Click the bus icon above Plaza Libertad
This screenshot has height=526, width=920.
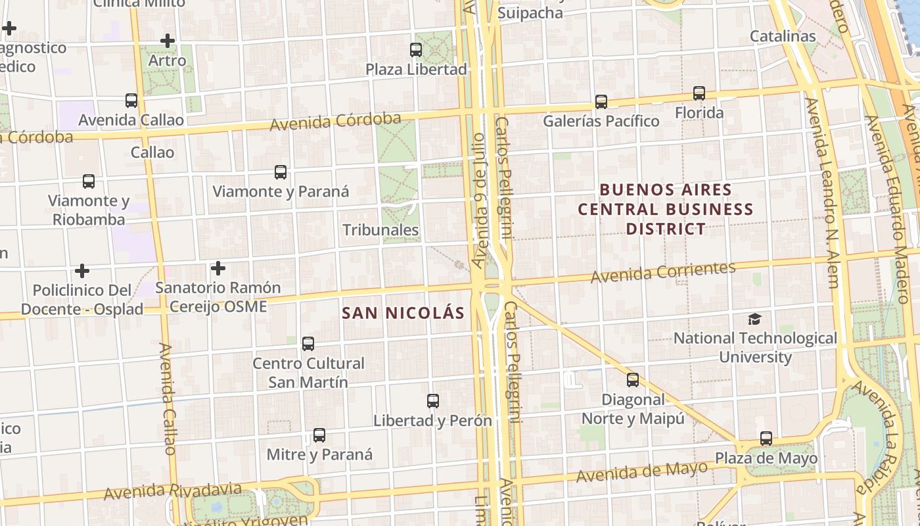[415, 49]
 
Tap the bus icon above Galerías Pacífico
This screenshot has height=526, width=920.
[601, 102]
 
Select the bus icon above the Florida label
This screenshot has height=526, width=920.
[699, 93]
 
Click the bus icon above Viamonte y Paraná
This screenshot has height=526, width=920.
[281, 172]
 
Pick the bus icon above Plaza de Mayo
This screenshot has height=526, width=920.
[766, 439]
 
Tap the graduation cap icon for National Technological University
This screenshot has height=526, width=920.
[754, 320]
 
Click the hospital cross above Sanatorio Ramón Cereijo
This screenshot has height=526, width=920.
[218, 268]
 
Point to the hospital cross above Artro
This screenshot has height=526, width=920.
[168, 41]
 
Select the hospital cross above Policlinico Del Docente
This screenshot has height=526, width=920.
[82, 271]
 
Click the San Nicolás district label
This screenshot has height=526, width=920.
[403, 313]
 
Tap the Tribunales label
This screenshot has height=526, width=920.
[380, 230]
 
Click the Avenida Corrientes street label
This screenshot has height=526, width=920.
[662, 272]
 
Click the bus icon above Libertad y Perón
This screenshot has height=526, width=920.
[432, 401]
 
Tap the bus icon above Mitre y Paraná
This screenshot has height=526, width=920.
[319, 435]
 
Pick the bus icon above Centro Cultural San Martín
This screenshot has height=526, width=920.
[308, 344]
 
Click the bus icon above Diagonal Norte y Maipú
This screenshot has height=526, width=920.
[632, 380]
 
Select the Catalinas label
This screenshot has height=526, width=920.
[783, 36]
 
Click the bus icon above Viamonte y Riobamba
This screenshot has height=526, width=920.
[89, 181]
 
